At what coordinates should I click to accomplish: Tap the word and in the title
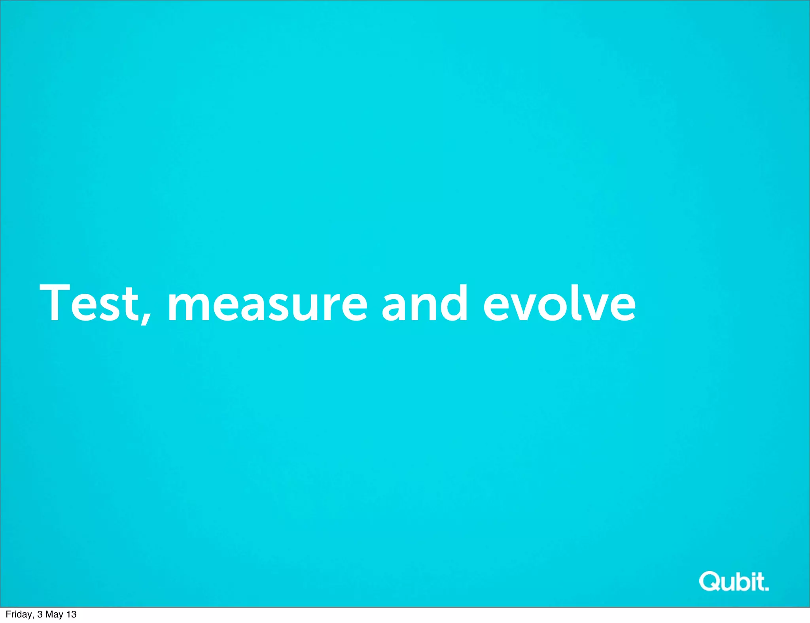[424, 304]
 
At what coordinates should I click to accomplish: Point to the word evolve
[559, 304]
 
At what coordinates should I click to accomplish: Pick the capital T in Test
[55, 302]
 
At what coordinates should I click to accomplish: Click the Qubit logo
[734, 581]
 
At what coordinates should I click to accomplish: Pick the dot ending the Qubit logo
[766, 589]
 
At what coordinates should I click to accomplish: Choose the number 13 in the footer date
[71, 614]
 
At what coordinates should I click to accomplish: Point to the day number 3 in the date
[40, 614]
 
